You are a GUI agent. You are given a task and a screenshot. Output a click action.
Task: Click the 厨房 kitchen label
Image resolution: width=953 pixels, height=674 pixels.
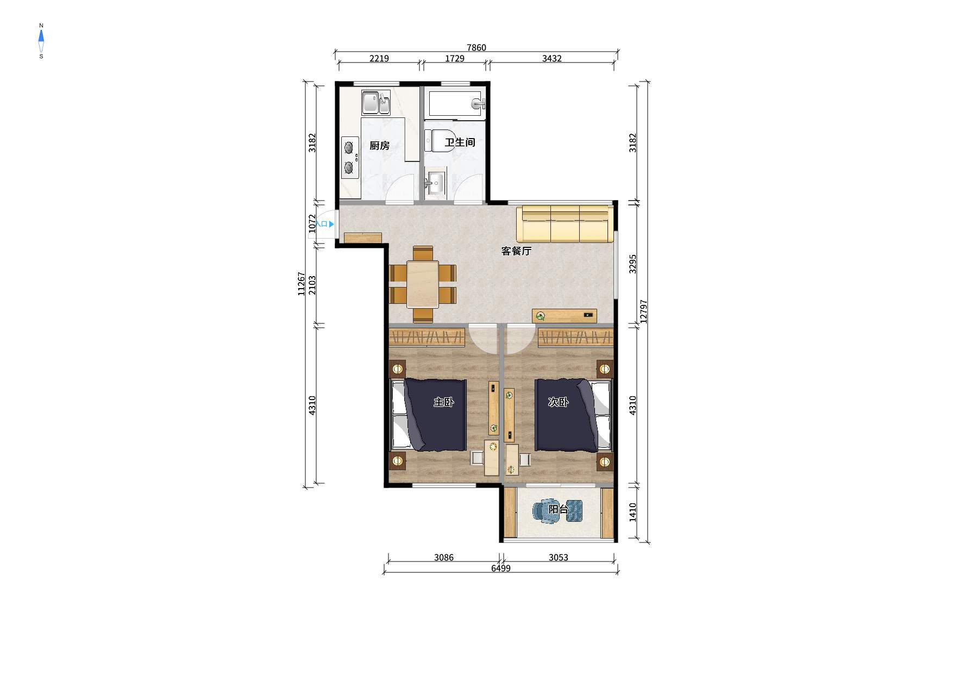point(379,146)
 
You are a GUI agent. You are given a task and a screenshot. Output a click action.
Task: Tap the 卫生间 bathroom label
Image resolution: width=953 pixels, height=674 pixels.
point(460,142)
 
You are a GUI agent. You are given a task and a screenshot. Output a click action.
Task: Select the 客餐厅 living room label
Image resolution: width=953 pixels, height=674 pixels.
point(516,251)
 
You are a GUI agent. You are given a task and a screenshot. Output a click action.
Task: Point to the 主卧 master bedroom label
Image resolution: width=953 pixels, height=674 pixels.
point(443,402)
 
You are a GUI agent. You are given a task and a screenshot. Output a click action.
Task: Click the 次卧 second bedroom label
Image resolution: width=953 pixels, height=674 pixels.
point(558,402)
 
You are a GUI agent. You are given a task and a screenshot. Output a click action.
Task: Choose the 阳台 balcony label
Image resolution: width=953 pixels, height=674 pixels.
point(558,509)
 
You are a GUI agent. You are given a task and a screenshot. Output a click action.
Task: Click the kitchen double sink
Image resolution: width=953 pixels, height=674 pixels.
point(376,103)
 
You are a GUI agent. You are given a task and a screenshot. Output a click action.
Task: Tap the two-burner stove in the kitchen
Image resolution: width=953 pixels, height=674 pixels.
point(350,158)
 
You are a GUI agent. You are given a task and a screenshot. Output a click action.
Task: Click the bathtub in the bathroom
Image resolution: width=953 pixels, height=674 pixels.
point(456,104)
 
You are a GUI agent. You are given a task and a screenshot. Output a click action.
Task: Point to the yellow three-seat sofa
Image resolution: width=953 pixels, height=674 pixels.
point(565,223)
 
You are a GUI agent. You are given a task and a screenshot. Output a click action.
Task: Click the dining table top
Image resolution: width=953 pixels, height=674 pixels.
point(423,284)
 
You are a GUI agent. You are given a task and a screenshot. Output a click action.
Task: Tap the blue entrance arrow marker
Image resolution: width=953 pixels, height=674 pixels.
point(331,224)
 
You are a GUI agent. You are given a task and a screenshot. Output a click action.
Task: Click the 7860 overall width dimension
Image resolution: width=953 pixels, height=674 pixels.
point(476,48)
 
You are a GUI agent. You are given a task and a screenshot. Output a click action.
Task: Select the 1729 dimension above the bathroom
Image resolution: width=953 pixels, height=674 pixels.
point(454,59)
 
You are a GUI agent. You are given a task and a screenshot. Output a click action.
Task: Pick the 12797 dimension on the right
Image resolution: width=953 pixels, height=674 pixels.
point(644,311)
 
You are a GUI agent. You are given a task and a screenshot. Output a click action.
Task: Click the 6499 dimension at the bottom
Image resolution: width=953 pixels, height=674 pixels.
point(500,569)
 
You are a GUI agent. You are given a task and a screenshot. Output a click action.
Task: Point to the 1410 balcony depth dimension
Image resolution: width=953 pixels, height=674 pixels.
point(633,512)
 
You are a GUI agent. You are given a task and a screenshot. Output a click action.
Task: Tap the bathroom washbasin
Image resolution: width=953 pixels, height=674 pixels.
point(435,183)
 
